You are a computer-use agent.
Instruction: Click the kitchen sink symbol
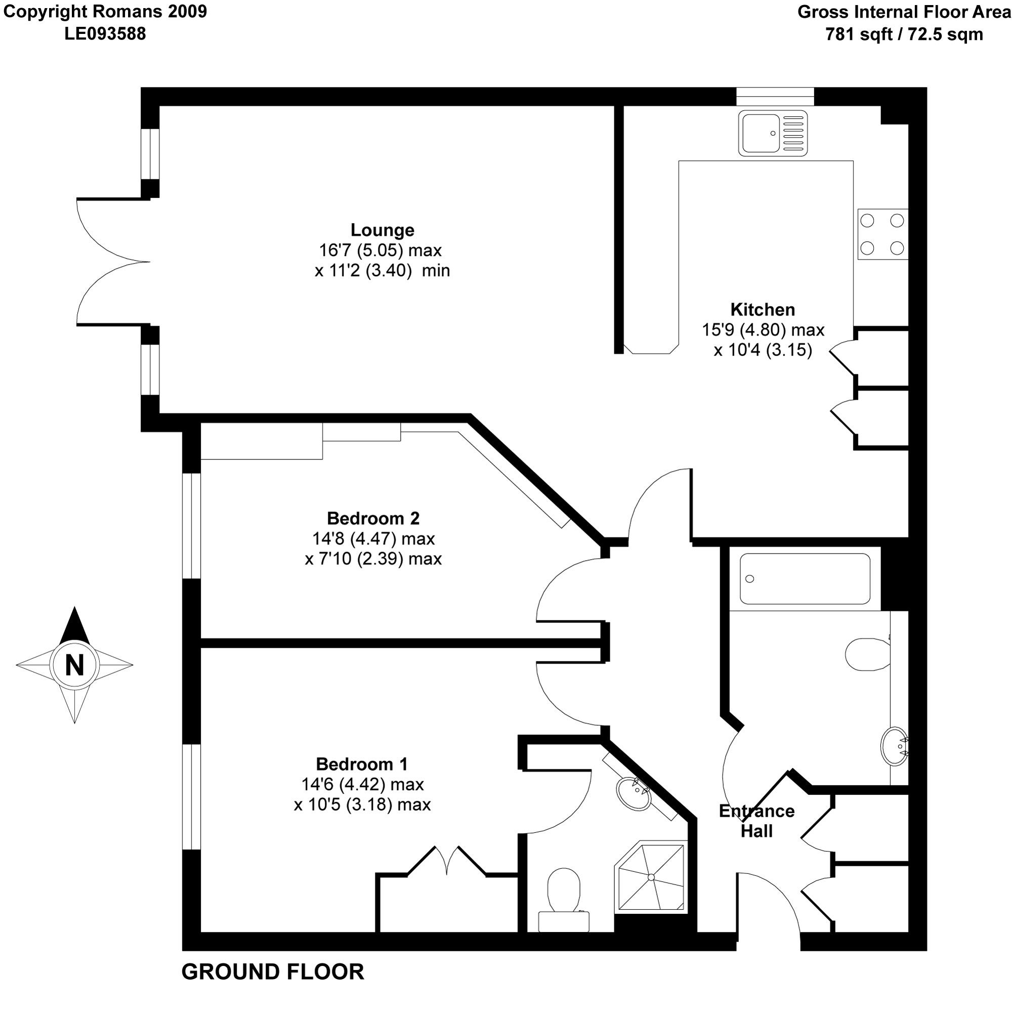pyautogui.click(x=773, y=133)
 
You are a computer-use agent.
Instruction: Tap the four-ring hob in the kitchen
pyautogui.click(x=882, y=234)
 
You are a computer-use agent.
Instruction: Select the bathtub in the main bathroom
pyautogui.click(x=805, y=579)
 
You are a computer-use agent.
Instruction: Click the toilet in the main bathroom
pyautogui.click(x=868, y=654)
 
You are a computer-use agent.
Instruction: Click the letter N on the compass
pyautogui.click(x=74, y=666)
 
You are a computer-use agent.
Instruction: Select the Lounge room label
pyautogui.click(x=383, y=230)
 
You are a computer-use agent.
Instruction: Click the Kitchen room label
pyautogui.click(x=763, y=310)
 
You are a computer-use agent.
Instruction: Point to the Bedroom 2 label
pyautogui.click(x=373, y=518)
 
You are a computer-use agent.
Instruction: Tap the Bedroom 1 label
pyautogui.click(x=362, y=764)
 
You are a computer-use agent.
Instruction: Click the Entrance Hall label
pyautogui.click(x=757, y=821)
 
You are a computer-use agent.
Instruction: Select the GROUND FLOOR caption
pyautogui.click(x=273, y=972)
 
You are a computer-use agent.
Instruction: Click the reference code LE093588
pyautogui.click(x=105, y=34)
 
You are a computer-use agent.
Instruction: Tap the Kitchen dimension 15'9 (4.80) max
pyautogui.click(x=763, y=330)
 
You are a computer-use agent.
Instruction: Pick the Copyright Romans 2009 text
pyautogui.click(x=105, y=12)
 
